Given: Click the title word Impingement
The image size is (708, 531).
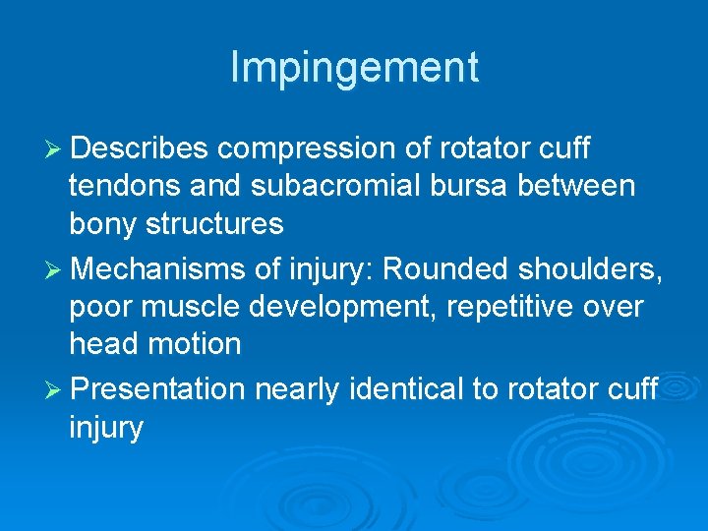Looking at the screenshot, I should pyautogui.click(x=354, y=68).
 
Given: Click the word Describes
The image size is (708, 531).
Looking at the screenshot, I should pyautogui.click(x=140, y=148).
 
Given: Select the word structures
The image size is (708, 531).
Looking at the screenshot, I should pyautogui.click(x=215, y=224).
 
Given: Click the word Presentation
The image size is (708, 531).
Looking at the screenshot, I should pyautogui.click(x=158, y=389).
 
